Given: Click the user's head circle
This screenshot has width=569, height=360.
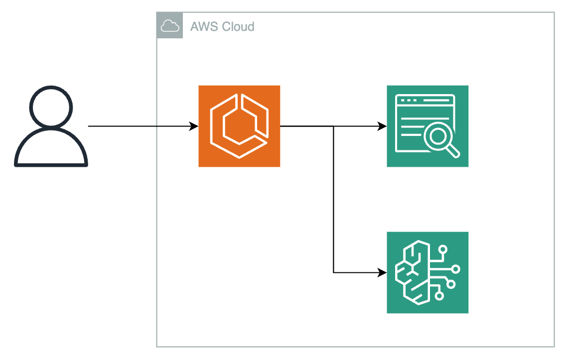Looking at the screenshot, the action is pyautogui.click(x=51, y=108).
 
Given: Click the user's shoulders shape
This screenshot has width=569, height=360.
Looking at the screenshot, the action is pyautogui.click(x=51, y=147).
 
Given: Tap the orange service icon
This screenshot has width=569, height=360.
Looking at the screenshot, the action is pyautogui.click(x=239, y=126).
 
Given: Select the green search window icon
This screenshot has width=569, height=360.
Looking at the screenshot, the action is pyautogui.click(x=427, y=126).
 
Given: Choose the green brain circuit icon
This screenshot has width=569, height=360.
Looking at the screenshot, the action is pyautogui.click(x=427, y=272).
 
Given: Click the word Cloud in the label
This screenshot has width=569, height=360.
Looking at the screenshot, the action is pyautogui.click(x=238, y=26).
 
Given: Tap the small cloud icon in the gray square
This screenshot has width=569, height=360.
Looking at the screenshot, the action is pyautogui.click(x=170, y=26).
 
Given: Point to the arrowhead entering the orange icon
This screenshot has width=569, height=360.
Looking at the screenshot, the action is pyautogui.click(x=194, y=126).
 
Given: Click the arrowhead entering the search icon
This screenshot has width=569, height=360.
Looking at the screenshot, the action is pyautogui.click(x=382, y=126).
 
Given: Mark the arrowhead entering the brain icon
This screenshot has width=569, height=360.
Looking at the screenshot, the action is pyautogui.click(x=382, y=272).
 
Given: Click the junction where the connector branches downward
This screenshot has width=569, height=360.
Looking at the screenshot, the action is pyautogui.click(x=333, y=126).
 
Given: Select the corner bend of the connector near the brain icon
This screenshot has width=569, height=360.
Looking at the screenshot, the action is pyautogui.click(x=333, y=272).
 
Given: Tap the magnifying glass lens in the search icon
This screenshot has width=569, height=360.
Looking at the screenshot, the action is pyautogui.click(x=437, y=136).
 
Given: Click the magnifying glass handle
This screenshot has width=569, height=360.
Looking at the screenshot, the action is pyautogui.click(x=453, y=151).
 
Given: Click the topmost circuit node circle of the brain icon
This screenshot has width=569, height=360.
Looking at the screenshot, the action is pyautogui.click(x=443, y=249).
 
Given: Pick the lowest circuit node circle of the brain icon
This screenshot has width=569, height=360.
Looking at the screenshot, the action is pyautogui.click(x=439, y=296).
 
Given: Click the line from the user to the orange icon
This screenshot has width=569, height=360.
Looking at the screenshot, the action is pyautogui.click(x=143, y=126).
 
